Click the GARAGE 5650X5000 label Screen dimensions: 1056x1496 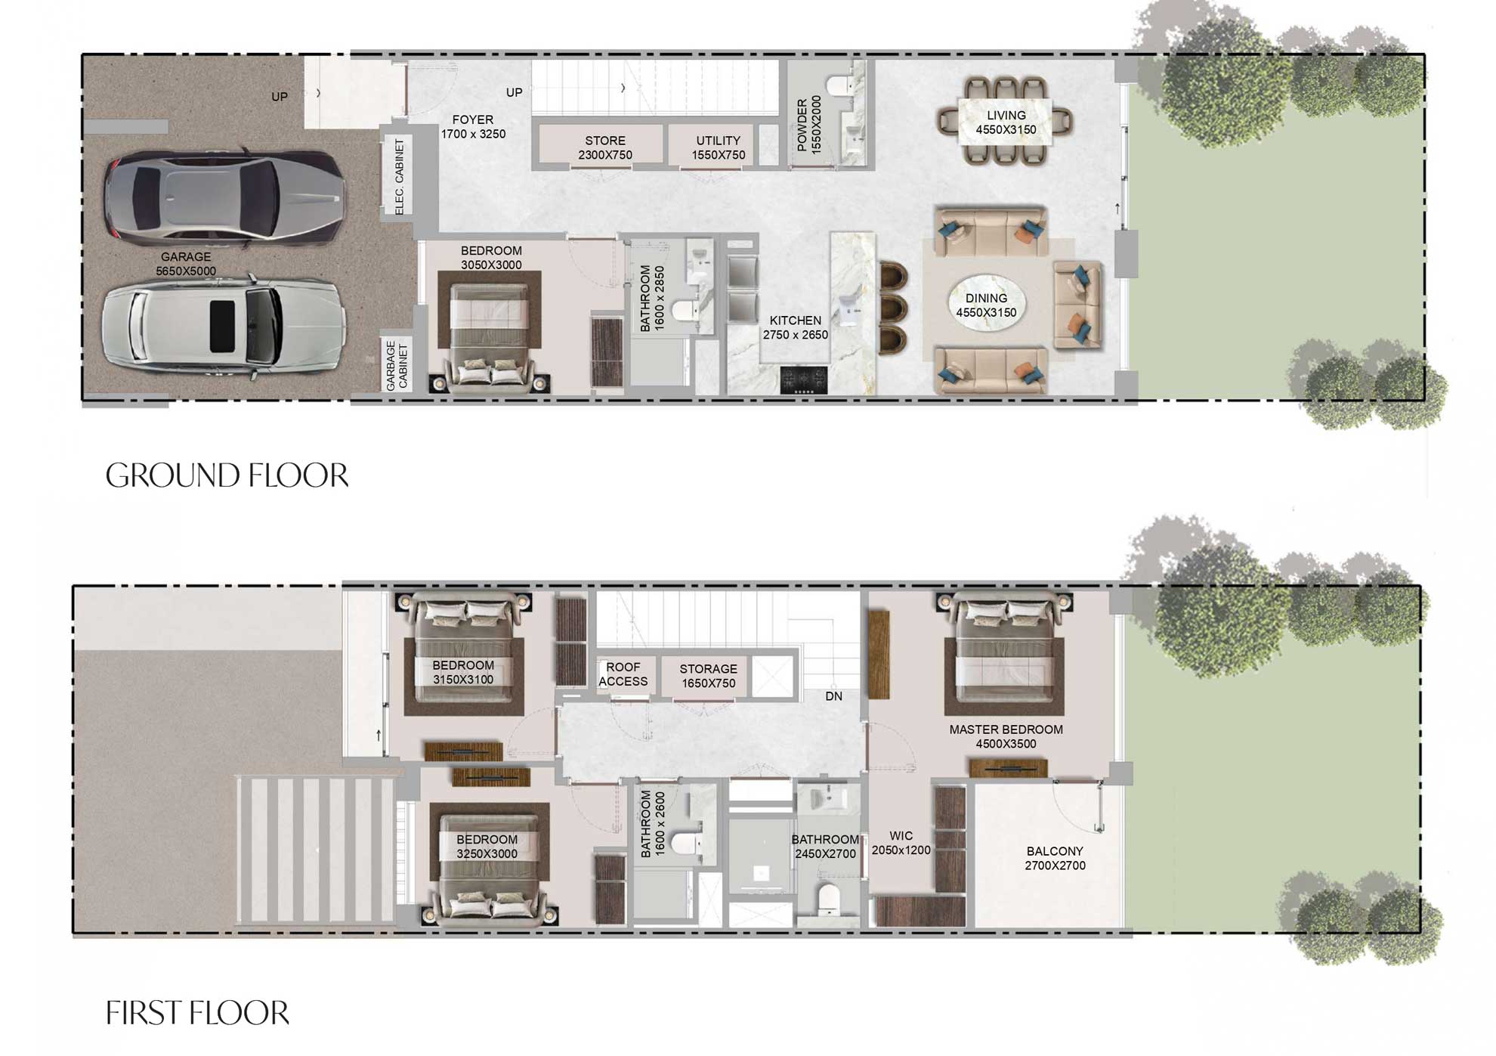click(186, 264)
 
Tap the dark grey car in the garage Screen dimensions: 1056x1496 click(224, 198)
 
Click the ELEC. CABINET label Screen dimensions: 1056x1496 click(400, 176)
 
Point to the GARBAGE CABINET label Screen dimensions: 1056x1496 click(397, 366)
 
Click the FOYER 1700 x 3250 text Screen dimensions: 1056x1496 click(473, 127)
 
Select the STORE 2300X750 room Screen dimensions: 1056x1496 click(604, 147)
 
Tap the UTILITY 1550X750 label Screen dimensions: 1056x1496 click(718, 147)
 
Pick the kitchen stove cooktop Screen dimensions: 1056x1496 click(804, 380)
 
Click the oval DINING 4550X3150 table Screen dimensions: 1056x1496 click(986, 305)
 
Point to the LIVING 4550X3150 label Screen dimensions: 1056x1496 click(1006, 122)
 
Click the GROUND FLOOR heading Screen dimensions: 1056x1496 click(227, 475)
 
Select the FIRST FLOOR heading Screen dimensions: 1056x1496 click(197, 1013)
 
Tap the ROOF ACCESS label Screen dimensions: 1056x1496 click(623, 674)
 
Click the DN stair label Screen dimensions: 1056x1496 click(833, 696)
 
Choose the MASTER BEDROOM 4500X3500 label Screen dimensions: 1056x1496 click(1006, 736)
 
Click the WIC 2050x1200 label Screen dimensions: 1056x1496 click(901, 843)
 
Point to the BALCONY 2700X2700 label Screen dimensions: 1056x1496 click(1055, 858)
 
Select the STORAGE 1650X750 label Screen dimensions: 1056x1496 click(708, 676)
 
